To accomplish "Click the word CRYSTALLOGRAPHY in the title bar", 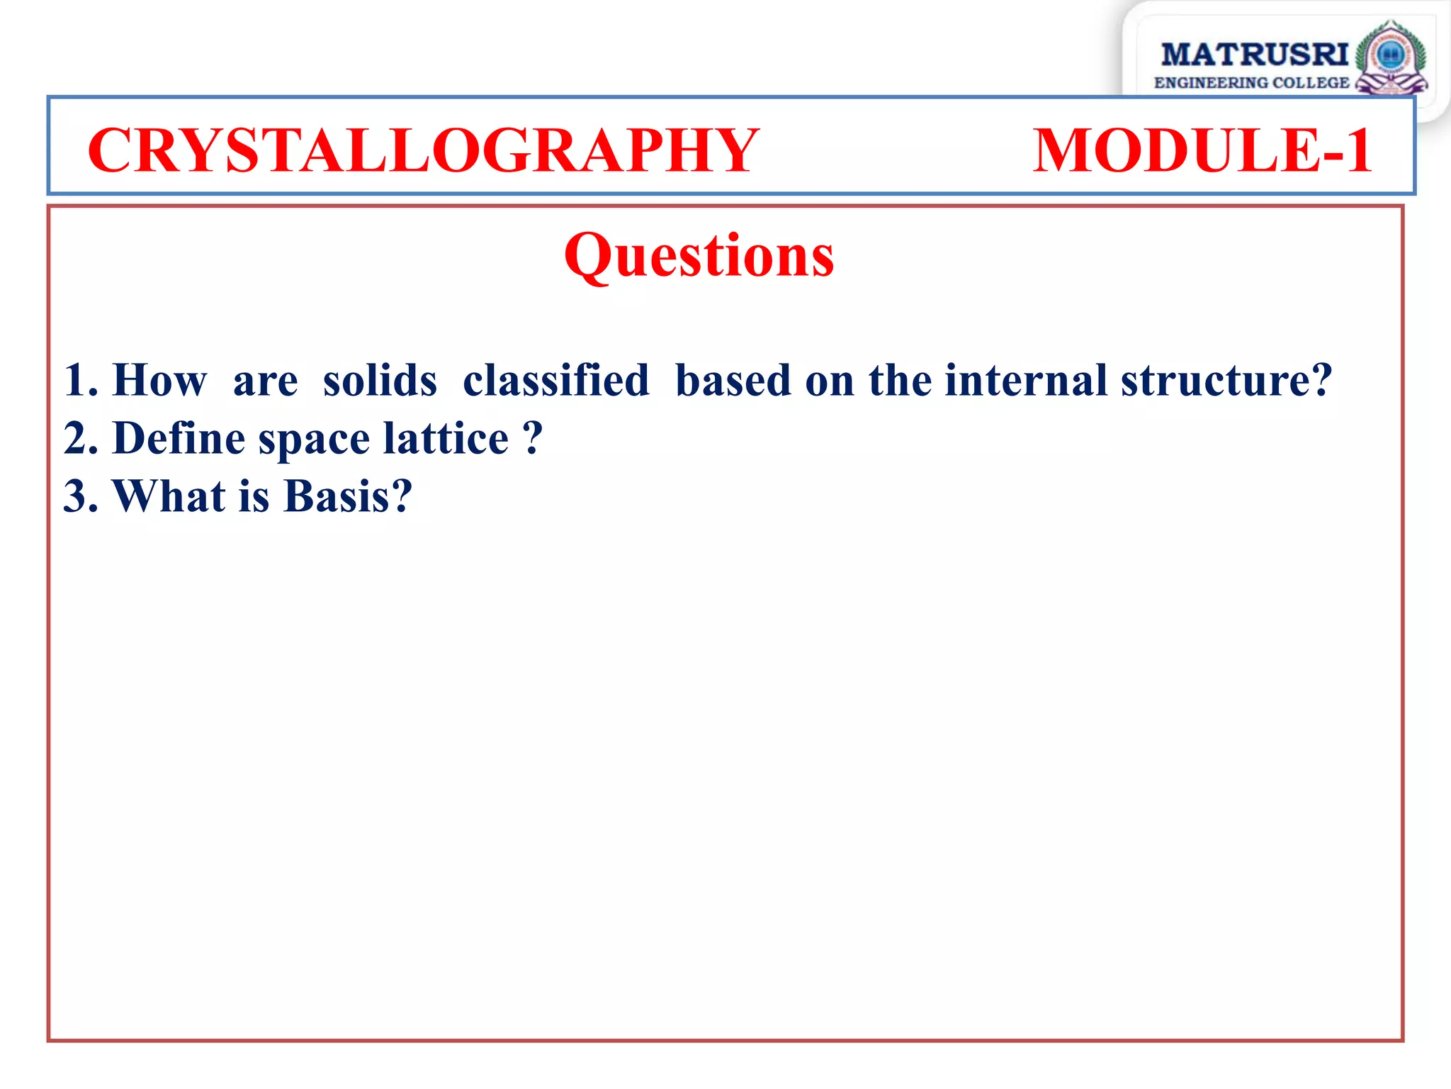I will [423, 150].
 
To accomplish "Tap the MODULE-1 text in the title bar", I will [1202, 150].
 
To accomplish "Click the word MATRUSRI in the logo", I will [1254, 55].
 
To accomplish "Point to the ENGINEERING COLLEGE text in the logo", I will [1251, 83].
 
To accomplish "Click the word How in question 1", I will [159, 381].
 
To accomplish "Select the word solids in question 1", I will [380, 381].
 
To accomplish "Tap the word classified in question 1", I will [555, 381].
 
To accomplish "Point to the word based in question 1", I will [733, 381].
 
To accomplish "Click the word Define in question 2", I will [179, 438].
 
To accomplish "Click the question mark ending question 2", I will [532, 438].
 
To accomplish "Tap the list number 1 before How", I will [76, 381].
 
